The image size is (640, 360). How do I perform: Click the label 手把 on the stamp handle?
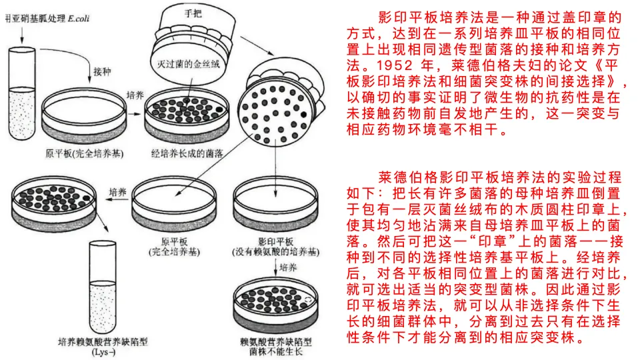point(193,13)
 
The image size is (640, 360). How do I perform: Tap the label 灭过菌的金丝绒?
point(188,64)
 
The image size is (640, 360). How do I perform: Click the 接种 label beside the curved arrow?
point(102,71)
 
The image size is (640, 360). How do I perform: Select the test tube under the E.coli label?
point(22,93)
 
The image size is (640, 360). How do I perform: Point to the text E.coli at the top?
point(79,19)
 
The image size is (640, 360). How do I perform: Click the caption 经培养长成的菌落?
point(187,153)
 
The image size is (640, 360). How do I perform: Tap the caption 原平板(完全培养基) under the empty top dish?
point(85,153)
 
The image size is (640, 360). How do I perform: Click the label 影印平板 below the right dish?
point(276,241)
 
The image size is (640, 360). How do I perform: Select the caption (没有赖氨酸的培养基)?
point(276,252)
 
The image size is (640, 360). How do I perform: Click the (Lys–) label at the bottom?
point(103,352)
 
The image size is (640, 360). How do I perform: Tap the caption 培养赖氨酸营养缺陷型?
point(103,341)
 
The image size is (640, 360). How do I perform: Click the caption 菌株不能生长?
point(276,351)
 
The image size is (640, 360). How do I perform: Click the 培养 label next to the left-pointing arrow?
point(117,192)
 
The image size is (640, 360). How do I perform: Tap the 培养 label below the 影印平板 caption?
point(288,267)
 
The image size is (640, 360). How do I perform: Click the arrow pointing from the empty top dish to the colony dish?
point(134,113)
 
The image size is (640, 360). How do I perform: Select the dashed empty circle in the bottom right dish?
point(307,301)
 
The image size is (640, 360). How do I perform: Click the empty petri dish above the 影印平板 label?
point(275,205)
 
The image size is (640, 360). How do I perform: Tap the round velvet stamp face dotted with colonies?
point(274,115)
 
